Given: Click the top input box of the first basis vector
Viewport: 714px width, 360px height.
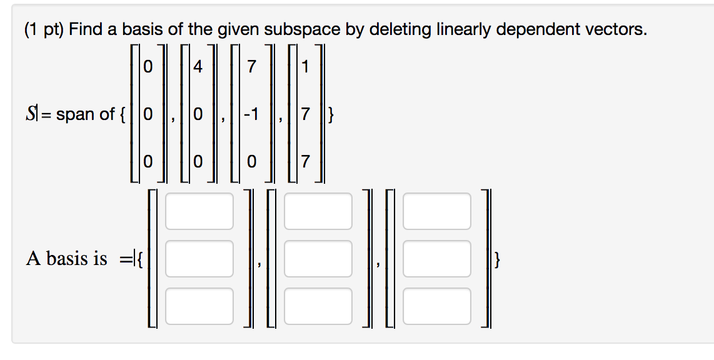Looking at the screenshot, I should tap(199, 211).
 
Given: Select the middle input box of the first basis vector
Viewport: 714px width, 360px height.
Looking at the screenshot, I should tap(199, 259).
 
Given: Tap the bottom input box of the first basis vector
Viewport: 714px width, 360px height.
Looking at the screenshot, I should tap(199, 306).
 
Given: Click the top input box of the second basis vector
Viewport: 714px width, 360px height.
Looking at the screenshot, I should tap(318, 211).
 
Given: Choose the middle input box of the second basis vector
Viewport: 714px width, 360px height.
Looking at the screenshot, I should tap(318, 259).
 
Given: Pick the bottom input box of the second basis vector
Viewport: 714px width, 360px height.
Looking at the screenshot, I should tap(318, 306).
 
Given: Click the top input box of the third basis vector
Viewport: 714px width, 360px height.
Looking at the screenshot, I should tap(436, 211).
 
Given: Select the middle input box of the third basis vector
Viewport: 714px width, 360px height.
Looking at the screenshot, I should tap(436, 259).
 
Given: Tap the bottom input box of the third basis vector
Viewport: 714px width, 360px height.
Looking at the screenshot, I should tap(436, 306).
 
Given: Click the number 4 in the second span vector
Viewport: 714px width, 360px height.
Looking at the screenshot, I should tap(198, 67).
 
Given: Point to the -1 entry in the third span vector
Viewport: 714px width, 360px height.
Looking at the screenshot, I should tap(251, 114).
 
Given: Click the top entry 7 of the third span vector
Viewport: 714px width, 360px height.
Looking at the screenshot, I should tap(251, 67).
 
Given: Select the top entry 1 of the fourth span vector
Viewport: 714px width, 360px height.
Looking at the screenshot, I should tap(304, 67).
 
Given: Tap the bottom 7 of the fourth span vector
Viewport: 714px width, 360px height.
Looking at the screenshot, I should tap(304, 162).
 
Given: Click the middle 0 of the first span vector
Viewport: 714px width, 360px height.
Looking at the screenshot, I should tap(146, 114).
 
